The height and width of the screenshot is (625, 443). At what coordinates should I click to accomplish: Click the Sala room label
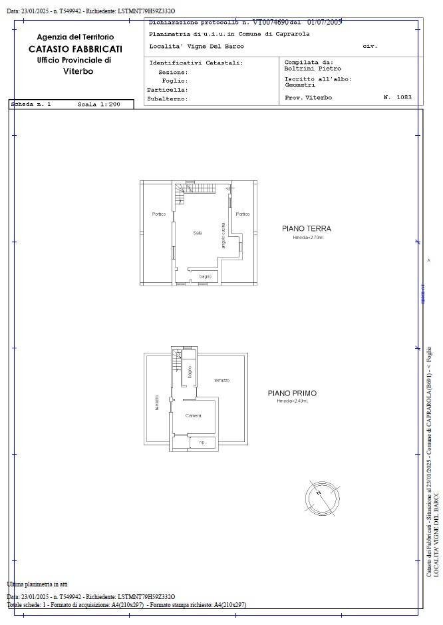(198, 232)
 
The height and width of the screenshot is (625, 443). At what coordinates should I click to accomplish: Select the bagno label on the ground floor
(205, 276)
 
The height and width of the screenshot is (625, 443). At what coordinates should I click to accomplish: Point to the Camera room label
(193, 415)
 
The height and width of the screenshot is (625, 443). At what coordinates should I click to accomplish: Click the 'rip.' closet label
(202, 442)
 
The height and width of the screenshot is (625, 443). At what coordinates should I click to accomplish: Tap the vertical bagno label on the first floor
(190, 372)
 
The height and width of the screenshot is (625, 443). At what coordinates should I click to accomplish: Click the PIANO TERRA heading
(306, 228)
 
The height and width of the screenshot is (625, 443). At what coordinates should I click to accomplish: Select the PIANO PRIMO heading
(292, 393)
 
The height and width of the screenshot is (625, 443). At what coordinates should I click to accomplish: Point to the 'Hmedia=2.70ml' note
(307, 238)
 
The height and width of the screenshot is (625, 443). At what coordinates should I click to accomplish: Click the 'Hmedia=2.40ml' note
(293, 401)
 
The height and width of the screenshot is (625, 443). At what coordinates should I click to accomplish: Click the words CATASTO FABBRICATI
(75, 49)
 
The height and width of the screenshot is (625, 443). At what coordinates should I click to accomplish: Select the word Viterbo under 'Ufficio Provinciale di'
(78, 71)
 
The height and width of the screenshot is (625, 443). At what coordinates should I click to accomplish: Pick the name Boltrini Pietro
(313, 69)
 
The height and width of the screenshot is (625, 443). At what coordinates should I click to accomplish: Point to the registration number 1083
(404, 97)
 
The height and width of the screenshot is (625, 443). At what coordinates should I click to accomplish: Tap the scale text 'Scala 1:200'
(98, 104)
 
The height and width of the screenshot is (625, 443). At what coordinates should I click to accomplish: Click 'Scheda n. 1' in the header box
(31, 104)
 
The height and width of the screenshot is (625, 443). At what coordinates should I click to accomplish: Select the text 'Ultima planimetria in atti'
(37, 584)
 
